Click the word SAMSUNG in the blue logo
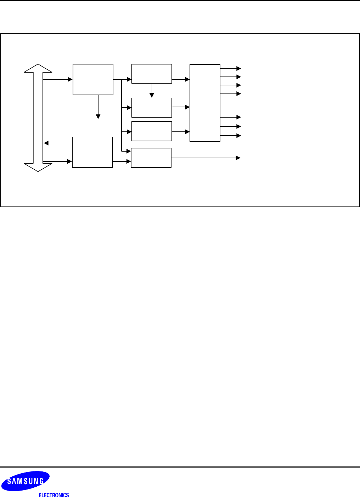tap(26, 481)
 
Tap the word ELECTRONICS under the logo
tap(54, 495)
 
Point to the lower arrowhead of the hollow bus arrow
tap(38, 167)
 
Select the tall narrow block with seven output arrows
tap(205, 103)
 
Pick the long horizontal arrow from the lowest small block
tap(206, 158)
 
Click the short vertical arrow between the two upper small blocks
tap(152, 91)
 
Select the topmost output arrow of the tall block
tap(231, 68)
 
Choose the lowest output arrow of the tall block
tap(231, 136)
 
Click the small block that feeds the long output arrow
tap(151, 158)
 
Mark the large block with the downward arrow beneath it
tap(93, 79)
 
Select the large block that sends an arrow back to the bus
tap(92, 152)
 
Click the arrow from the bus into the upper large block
tap(57, 79)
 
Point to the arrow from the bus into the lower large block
tap(57, 162)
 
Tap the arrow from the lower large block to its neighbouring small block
tap(122, 162)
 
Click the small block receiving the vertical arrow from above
tap(152, 107)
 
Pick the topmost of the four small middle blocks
tap(152, 74)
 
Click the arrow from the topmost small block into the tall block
tap(181, 79)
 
